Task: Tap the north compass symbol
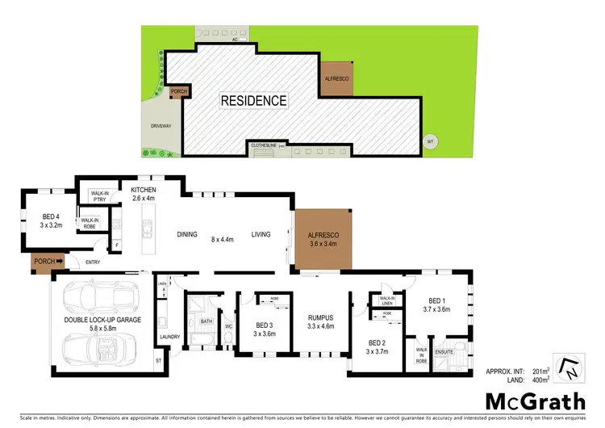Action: tap(568, 367)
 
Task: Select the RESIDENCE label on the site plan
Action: tap(254, 101)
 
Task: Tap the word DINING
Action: tap(187, 234)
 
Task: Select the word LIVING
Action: tap(261, 234)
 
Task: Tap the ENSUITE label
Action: tap(445, 352)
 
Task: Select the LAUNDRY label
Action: tap(169, 337)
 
